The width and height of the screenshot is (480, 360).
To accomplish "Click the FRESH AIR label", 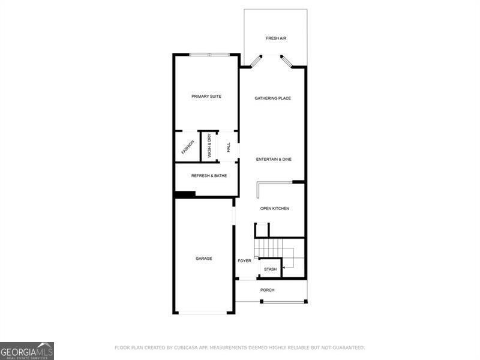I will point(276,38).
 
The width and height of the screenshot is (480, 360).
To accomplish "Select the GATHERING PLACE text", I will point(272,98).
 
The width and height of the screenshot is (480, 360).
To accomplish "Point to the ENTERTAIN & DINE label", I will point(274,159).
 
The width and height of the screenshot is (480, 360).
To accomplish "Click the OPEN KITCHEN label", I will point(274,208).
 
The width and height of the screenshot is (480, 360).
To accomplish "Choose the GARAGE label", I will point(203,259).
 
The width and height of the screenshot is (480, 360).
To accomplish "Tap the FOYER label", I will point(244,260).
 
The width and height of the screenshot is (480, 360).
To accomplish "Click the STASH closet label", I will point(270,269).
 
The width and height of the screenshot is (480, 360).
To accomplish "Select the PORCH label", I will point(267,290).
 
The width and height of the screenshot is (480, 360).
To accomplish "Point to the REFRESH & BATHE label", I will point(209,176).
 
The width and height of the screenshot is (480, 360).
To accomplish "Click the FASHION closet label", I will point(188,147).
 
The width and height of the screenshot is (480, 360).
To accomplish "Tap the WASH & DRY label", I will point(209,146).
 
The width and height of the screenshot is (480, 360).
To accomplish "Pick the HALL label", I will point(229,147).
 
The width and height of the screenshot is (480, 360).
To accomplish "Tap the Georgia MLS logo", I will point(27,350).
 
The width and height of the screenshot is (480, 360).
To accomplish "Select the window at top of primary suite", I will point(209,55).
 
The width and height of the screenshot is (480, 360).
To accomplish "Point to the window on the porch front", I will point(283,301).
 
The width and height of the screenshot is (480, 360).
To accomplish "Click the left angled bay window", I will point(256,61).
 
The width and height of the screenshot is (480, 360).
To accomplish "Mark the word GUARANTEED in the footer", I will point(344,347).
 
